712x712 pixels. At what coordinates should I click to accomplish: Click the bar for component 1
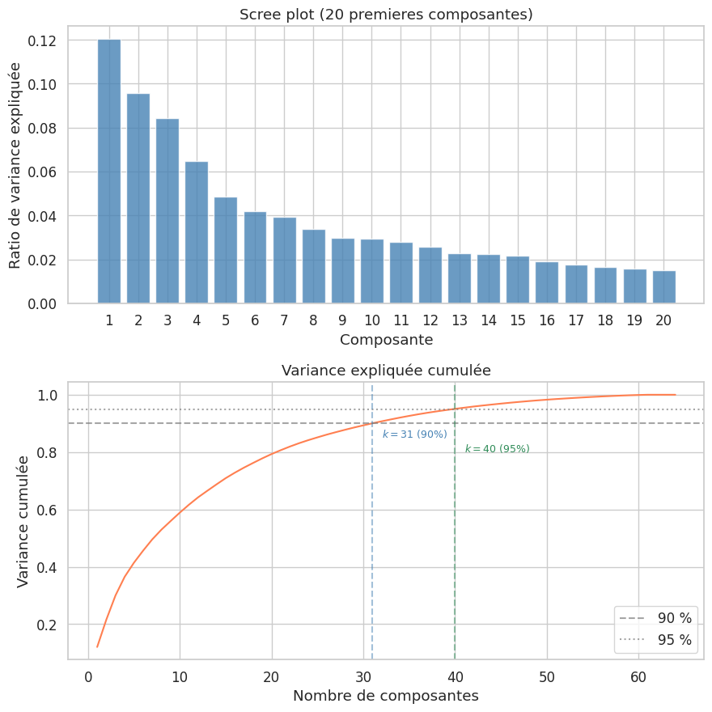tap(109, 172)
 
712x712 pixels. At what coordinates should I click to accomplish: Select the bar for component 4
tap(197, 233)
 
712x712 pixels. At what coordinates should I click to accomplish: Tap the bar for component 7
tap(284, 261)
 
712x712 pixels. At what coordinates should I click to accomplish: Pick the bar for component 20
tap(663, 287)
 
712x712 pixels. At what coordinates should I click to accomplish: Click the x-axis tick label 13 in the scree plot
tap(460, 320)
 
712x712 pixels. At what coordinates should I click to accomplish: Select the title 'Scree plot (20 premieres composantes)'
tap(386, 15)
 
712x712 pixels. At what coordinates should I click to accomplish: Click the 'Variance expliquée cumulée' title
tap(386, 371)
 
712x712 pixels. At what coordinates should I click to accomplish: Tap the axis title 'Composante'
tap(386, 340)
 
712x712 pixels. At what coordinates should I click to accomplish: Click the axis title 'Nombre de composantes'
tap(386, 696)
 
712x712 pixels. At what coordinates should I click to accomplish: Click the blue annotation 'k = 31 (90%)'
tap(414, 434)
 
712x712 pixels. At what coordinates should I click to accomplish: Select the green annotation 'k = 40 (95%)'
tap(497, 449)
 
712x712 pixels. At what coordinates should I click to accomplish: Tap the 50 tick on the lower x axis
tap(547, 676)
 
